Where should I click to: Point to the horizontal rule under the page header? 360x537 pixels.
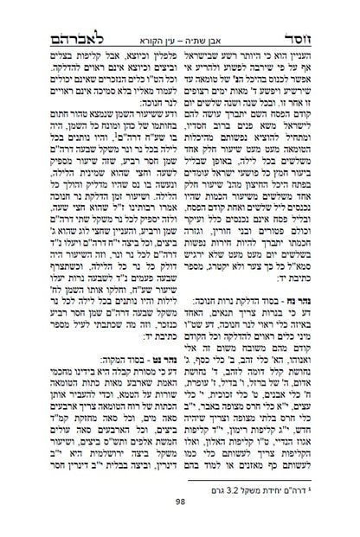click(180, 31)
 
